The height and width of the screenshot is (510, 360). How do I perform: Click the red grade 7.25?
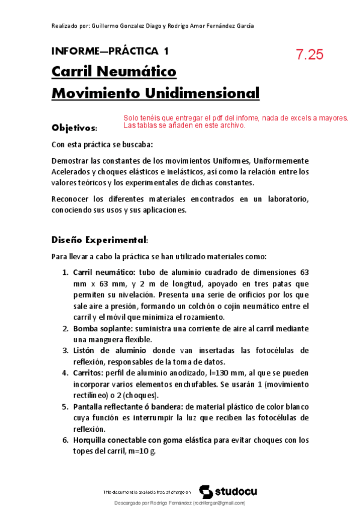point(310,54)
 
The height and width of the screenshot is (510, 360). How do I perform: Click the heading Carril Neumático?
point(114,72)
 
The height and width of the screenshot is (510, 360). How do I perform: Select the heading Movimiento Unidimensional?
point(156,94)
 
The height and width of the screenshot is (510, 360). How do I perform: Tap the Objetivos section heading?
point(74,128)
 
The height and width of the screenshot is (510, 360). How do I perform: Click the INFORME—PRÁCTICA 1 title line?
point(110,51)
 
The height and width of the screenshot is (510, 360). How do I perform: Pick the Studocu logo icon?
point(206,491)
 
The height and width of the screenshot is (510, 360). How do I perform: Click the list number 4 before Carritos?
point(66,372)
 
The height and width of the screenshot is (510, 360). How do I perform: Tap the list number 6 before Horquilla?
point(66,440)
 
